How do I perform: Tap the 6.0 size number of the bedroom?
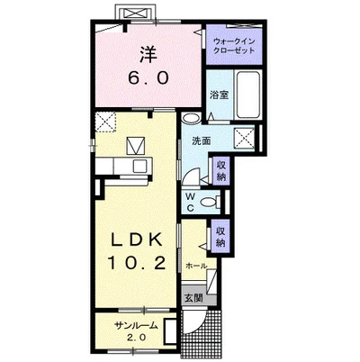coord(148,78)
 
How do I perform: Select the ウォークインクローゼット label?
coord(234,46)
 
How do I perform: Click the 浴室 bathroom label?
coord(220,95)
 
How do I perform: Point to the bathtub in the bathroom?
coord(247,95)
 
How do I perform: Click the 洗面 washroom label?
coord(201,140)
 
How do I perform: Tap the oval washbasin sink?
coord(191,118)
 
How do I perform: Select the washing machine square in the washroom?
coord(244,137)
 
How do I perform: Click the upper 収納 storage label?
coord(221,170)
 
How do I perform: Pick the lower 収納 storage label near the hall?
coord(220,237)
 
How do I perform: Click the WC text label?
coord(190,202)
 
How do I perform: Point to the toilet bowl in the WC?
coord(211,202)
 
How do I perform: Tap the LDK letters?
coord(137,240)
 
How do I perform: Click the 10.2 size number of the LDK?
coord(137,263)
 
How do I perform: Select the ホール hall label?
coord(196,266)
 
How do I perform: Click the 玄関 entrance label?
coord(193,298)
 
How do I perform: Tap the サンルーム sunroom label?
coord(137,325)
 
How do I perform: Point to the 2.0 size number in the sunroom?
coord(137,338)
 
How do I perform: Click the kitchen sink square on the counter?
coord(139,166)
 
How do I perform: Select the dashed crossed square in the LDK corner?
coord(105,122)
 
